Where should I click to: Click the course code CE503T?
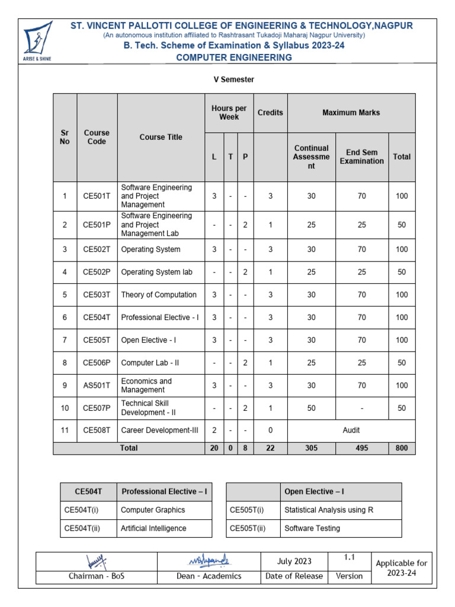97,295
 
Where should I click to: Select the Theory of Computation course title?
159,295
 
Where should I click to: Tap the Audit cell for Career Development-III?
351,430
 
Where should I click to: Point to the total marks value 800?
402,448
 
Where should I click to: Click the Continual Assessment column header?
311,157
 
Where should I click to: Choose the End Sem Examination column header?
361,157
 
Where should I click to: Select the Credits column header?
270,113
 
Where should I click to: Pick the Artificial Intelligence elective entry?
153,528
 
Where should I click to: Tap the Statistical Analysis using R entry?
328,510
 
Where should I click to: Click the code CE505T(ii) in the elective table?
247,528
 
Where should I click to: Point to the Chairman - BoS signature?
97,560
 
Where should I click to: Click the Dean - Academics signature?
209,560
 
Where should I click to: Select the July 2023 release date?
294,561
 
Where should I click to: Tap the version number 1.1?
349,558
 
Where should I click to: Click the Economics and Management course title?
146,385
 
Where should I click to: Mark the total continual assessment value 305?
311,448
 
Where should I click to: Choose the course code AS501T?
97,385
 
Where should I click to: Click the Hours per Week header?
229,113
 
